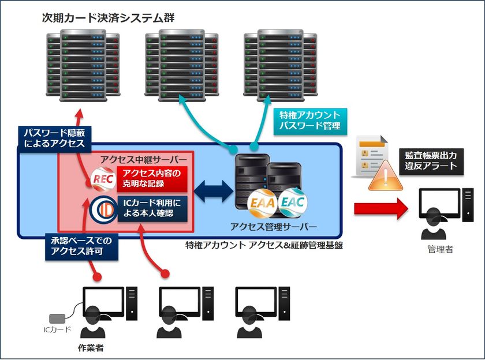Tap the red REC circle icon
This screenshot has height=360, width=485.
tap(102, 178)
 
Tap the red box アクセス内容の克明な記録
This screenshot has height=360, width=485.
tap(152, 179)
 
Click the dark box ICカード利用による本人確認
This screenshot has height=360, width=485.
tap(152, 208)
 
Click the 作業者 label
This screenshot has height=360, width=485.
tap(90, 348)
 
